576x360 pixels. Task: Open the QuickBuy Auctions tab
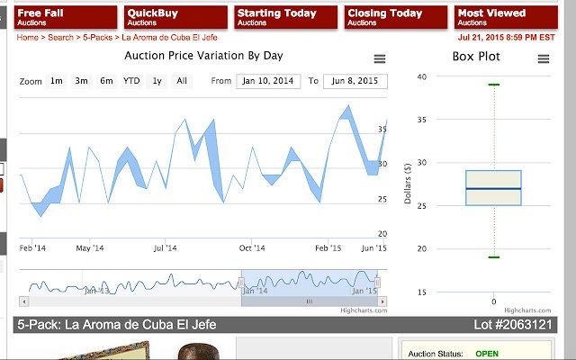point(175,17)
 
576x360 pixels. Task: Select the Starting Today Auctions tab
point(285,17)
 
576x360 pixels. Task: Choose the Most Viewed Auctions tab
point(503,17)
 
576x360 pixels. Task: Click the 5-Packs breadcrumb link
point(97,38)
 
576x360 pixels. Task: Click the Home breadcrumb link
point(27,38)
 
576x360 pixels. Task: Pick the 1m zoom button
point(56,81)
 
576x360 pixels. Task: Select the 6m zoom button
point(106,81)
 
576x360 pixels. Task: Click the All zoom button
point(182,81)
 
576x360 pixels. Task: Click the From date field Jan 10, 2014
point(268,81)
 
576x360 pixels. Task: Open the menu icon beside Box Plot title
point(544,58)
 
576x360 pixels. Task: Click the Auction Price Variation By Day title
point(203,56)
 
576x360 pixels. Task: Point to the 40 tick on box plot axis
point(422,76)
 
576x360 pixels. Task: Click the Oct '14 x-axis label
point(252,247)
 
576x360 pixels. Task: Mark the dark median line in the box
point(493,188)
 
